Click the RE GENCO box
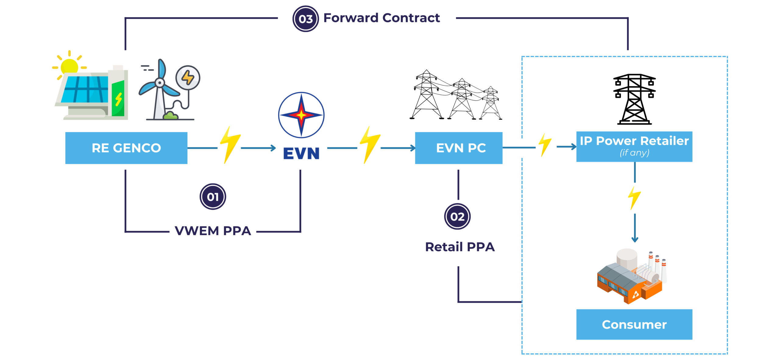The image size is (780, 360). coord(126,148)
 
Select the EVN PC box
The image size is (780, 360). coord(459,148)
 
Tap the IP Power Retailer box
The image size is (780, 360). coord(634,146)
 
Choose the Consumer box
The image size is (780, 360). coord(634,324)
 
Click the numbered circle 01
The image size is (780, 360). coord(213,197)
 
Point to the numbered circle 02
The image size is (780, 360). coord(457,216)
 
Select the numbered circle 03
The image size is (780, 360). coord(306,19)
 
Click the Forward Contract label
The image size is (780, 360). coord(381,18)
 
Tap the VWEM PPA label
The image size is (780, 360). coord(213,231)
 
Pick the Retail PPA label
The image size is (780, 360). coord(460,247)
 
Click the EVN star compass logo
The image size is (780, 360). coord(301,115)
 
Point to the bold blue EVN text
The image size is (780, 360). coord(301,153)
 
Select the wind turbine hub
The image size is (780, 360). coord(160,83)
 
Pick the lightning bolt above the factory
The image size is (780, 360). coord(634,198)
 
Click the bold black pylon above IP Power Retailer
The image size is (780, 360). coord(634,99)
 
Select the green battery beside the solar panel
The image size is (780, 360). coord(118,98)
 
